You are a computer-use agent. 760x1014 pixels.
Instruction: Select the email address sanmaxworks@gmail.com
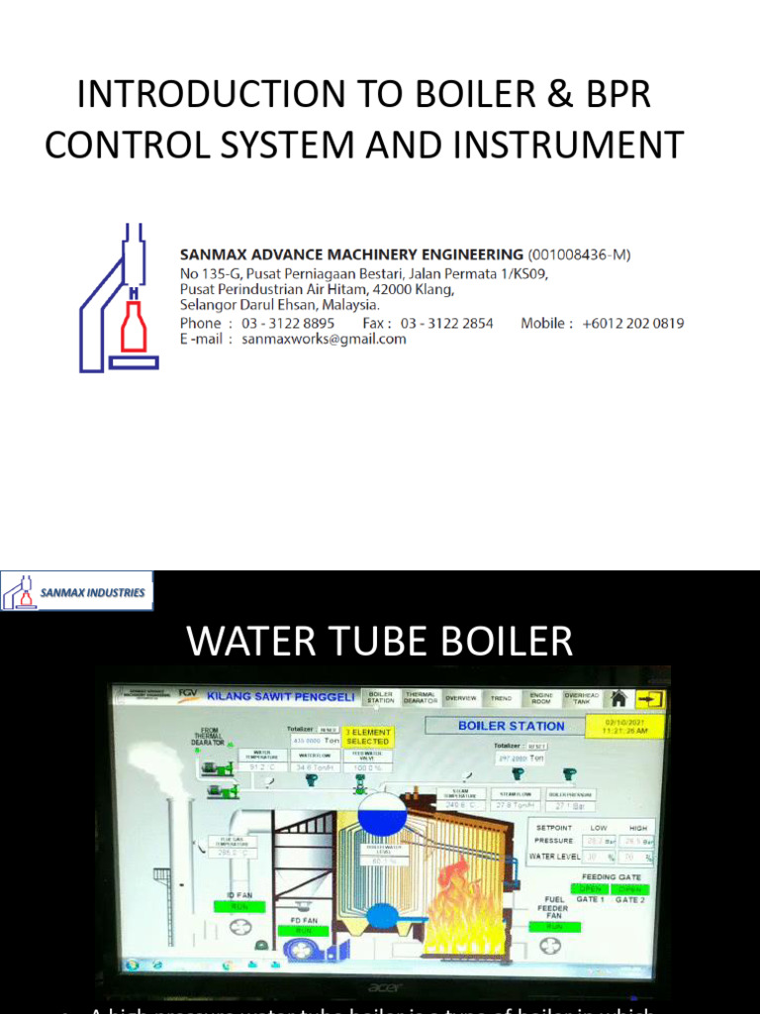point(324,339)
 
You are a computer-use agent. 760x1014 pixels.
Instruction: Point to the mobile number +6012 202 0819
point(632,323)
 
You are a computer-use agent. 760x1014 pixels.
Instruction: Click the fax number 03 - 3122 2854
point(446,323)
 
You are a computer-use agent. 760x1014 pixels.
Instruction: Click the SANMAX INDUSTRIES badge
point(77,591)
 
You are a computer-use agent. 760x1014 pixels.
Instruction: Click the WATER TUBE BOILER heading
point(380,642)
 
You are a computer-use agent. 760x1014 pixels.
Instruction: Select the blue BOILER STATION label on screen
point(511,726)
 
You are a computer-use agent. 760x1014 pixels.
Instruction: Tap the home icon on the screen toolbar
point(619,698)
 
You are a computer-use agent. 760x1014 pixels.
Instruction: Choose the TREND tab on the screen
point(502,698)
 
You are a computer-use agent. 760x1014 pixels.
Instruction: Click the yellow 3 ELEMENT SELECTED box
point(367,737)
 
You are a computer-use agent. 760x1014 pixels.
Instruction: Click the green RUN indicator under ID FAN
point(239,905)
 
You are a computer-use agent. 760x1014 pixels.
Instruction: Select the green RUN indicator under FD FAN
point(303,931)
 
